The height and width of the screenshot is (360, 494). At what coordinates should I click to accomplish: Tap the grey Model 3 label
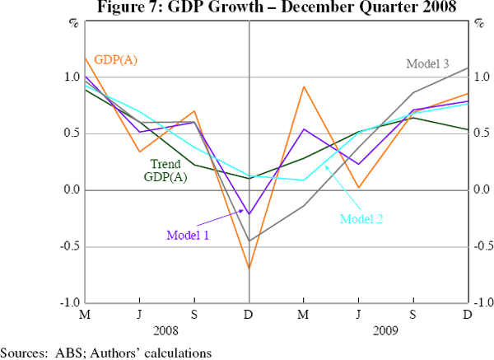pyautogui.click(x=428, y=63)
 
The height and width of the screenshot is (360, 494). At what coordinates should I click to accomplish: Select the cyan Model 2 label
pyautogui.click(x=361, y=219)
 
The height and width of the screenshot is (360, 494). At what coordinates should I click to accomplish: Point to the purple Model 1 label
pyautogui.click(x=189, y=235)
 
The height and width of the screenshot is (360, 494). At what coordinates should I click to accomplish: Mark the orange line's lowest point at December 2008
pyautogui.click(x=249, y=268)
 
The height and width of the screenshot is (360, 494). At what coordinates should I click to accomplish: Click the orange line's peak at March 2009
pyautogui.click(x=304, y=86)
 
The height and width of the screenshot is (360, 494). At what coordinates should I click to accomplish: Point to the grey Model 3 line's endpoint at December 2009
pyautogui.click(x=467, y=68)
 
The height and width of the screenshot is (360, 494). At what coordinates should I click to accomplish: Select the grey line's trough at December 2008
pyautogui.click(x=249, y=241)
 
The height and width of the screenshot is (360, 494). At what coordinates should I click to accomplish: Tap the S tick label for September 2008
pyautogui.click(x=194, y=315)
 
